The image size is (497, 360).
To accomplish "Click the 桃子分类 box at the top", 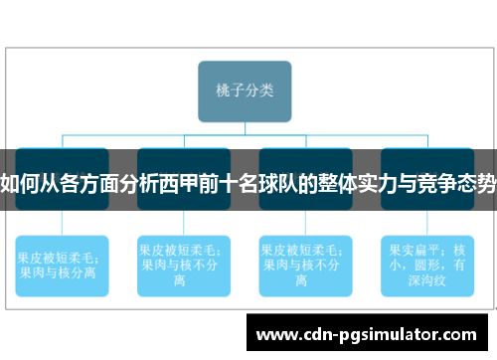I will click(x=245, y=90).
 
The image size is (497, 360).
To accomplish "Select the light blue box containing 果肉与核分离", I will click(x=62, y=263).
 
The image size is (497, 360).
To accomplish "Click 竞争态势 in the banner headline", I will click(x=464, y=183).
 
